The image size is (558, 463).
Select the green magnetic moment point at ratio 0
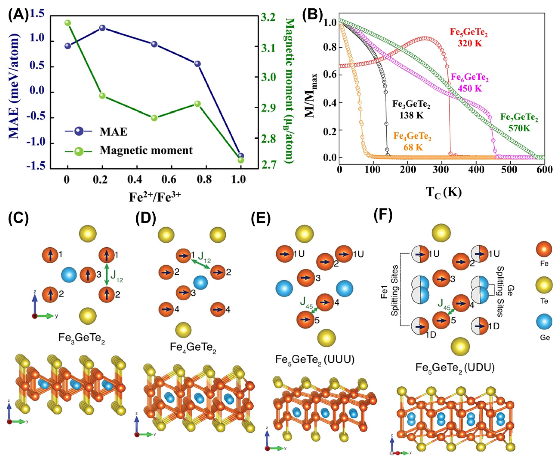coord(68,23)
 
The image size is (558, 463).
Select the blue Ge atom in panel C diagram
coord(69,275)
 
